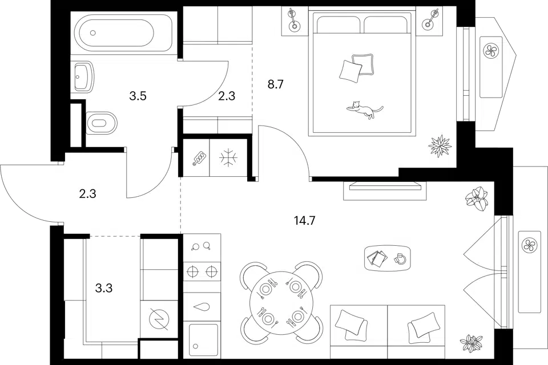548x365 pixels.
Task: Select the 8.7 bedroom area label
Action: pos(275,84)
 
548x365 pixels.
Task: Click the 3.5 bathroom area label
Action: pos(138,96)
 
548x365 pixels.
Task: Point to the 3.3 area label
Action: pos(104,289)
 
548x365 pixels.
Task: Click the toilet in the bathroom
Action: pos(101,123)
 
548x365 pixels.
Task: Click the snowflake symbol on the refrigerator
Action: pos(228,157)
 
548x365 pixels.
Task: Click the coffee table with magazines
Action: pos(387,258)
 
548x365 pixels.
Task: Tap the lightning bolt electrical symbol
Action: pos(159,319)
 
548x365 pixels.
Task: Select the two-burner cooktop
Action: pos(202,271)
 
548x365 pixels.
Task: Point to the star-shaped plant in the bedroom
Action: pos(440,145)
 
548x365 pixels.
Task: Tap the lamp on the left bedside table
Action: pos(292,21)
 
